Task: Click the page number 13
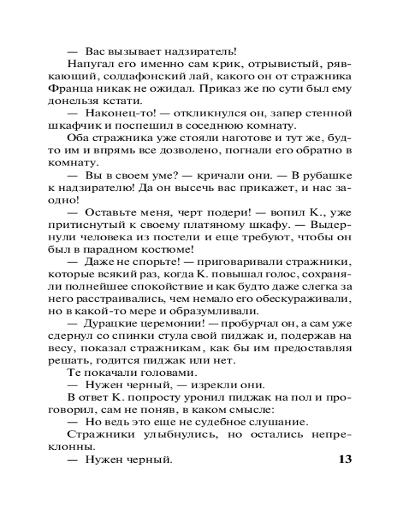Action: click(345, 459)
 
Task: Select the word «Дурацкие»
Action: click(110, 323)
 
